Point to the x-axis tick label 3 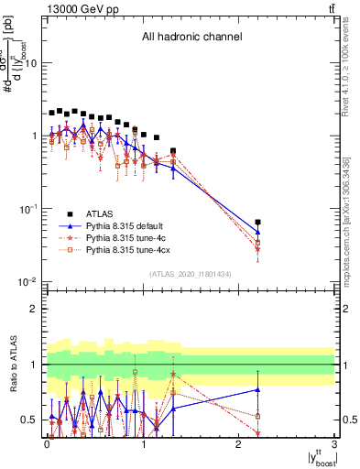coord(333,444)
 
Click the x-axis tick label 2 coord(238,444)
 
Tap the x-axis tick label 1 coord(143,444)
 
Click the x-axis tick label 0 coord(48,444)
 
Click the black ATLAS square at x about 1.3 coord(173,151)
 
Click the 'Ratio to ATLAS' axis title coord(12,364)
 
